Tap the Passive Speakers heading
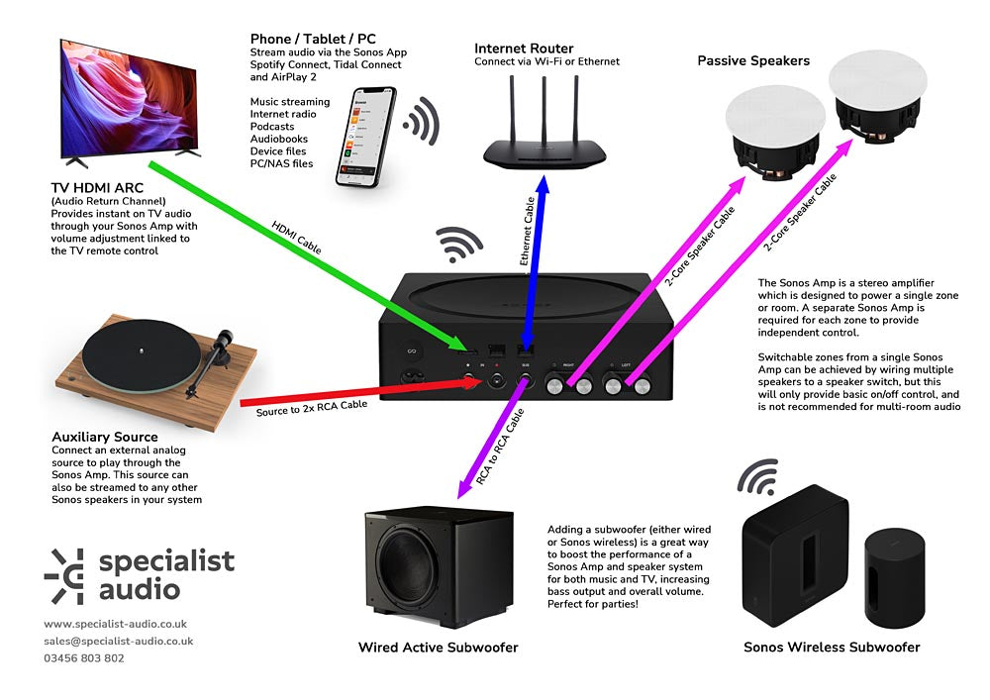pyautogui.click(x=753, y=60)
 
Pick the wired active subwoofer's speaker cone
pyautogui.click(x=423, y=571)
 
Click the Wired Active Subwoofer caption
pyautogui.click(x=438, y=648)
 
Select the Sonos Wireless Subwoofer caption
pyautogui.click(x=832, y=648)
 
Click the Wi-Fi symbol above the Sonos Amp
pyautogui.click(x=460, y=246)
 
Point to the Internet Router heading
pyautogui.click(x=524, y=48)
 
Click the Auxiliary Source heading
pyautogui.click(x=104, y=437)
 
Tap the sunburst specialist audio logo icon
pyautogui.click(x=66, y=575)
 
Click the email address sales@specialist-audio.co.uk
pyautogui.click(x=118, y=642)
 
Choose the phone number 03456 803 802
pyautogui.click(x=84, y=658)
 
